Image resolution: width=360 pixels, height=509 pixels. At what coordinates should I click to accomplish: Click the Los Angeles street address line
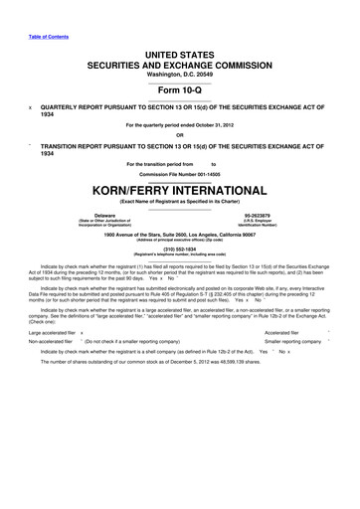(x=180, y=235)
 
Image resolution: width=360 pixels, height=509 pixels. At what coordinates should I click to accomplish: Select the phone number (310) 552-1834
(x=180, y=251)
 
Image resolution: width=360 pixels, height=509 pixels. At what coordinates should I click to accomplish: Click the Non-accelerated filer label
(x=52, y=369)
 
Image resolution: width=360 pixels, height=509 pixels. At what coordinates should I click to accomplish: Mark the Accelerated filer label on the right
(x=272, y=360)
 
